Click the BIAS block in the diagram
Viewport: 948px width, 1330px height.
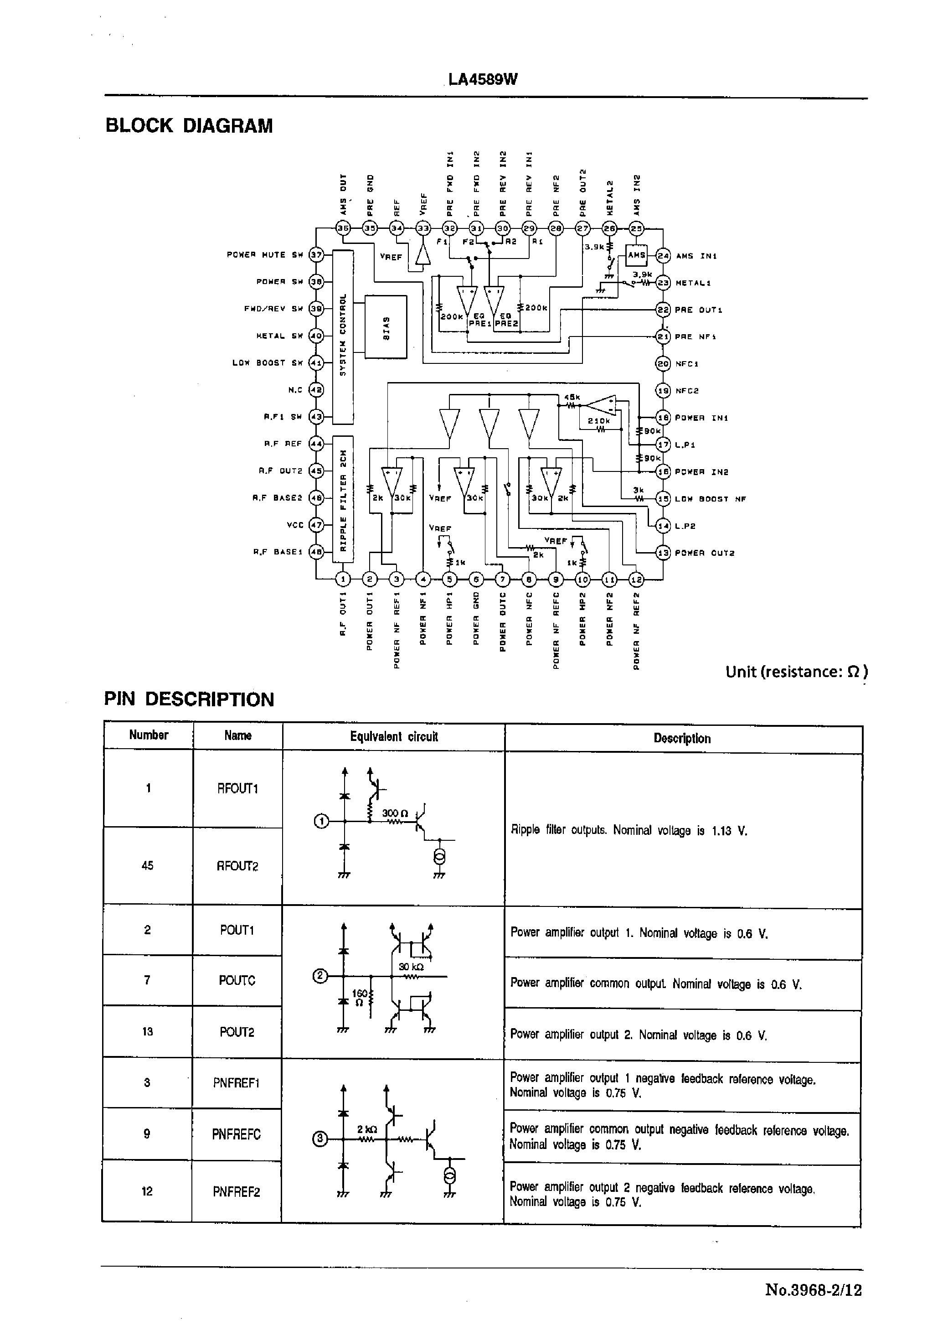(385, 327)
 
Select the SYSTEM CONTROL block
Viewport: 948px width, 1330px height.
(343, 337)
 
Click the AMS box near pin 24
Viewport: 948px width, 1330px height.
(636, 255)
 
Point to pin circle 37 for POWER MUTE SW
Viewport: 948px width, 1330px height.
(316, 255)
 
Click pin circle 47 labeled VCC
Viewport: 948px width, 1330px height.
(316, 525)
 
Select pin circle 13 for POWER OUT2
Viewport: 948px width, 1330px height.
(663, 552)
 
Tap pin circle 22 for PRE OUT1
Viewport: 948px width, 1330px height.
(663, 310)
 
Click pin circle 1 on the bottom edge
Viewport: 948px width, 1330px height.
(343, 579)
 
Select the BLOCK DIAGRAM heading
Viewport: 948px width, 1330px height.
(189, 125)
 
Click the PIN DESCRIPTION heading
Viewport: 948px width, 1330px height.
(189, 699)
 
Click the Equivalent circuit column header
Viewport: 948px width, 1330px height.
(393, 736)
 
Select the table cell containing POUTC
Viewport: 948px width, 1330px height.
(237, 980)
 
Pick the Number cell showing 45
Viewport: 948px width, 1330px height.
(148, 865)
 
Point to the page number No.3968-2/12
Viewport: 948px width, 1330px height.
(813, 1289)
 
